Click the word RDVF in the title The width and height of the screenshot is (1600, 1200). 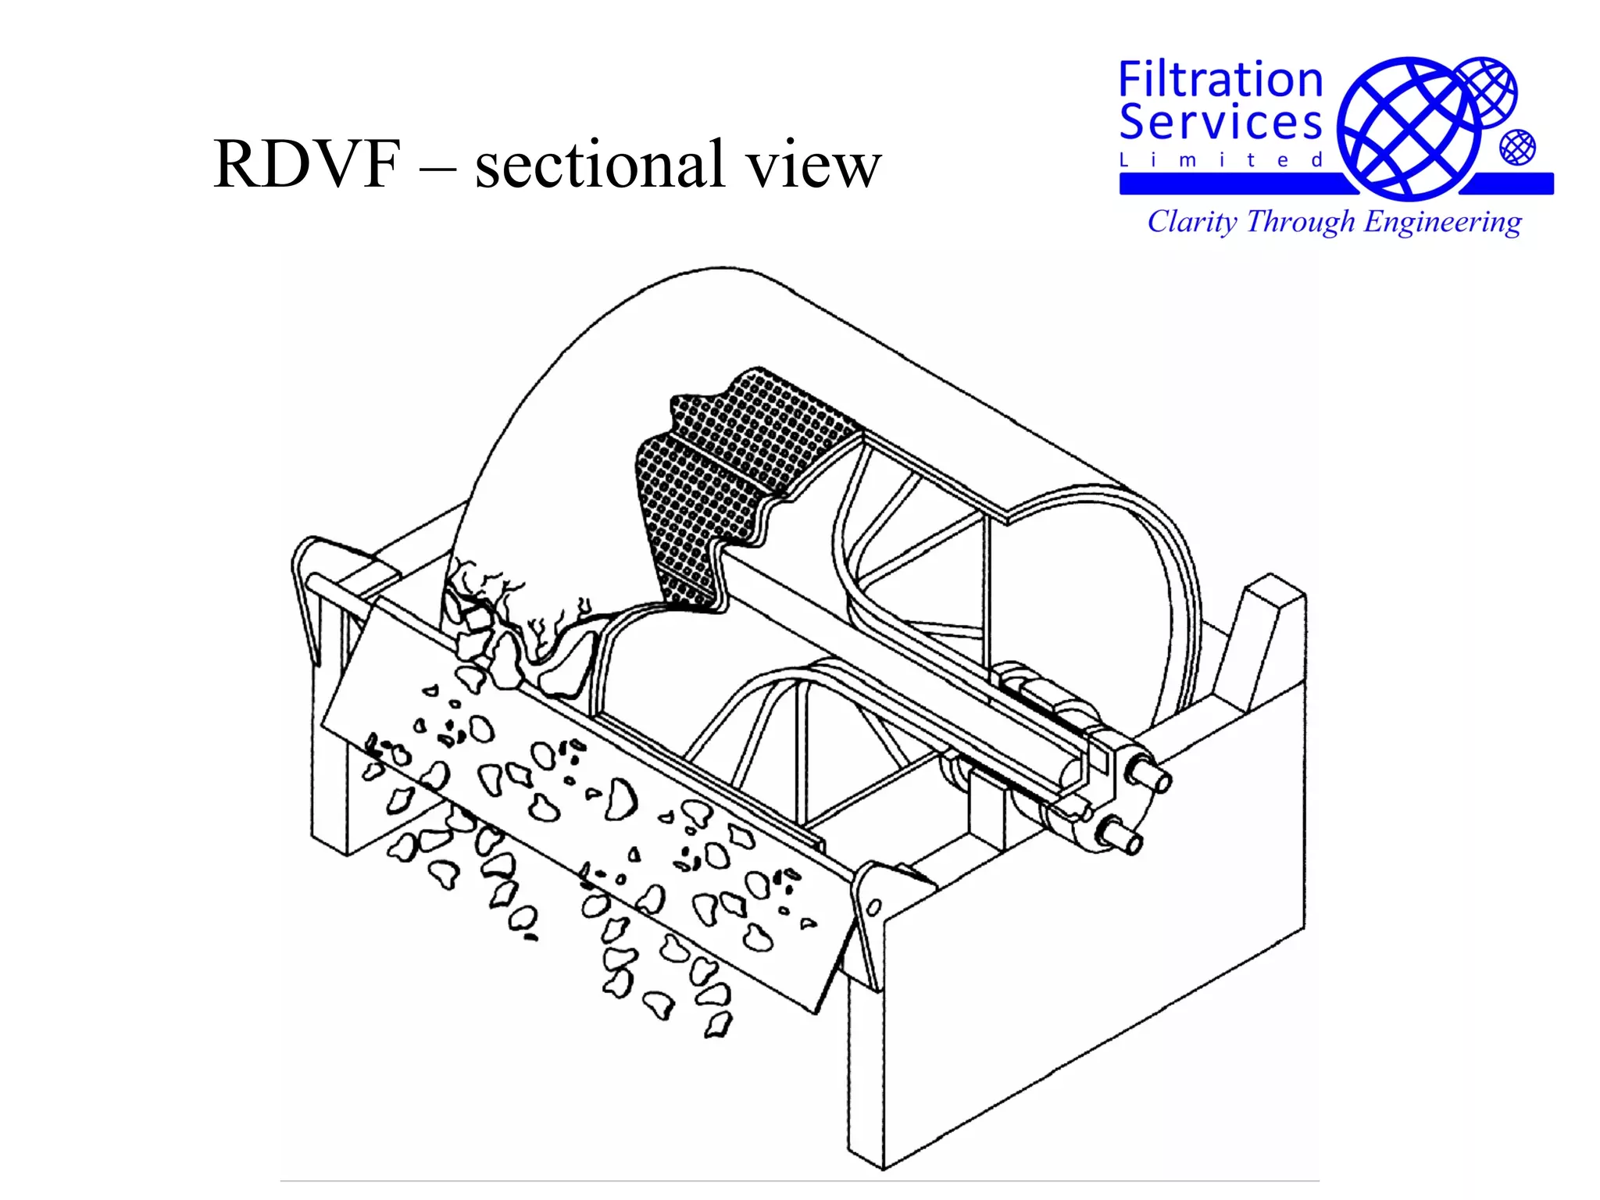(307, 165)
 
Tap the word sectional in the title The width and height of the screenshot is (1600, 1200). (601, 165)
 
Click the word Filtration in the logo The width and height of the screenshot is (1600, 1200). (1220, 80)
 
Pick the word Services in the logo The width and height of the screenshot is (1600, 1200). (1220, 123)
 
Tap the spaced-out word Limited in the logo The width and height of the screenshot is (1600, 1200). (1220, 161)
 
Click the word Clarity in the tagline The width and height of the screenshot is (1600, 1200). (1192, 222)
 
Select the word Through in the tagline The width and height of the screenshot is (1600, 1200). (1300, 222)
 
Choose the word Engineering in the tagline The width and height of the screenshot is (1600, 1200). (1442, 222)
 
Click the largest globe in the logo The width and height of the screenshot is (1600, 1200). (1407, 127)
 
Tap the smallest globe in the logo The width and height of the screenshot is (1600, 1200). (1517, 148)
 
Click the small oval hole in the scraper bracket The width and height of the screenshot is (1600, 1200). (874, 907)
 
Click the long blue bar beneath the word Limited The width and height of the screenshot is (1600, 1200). (1234, 184)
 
